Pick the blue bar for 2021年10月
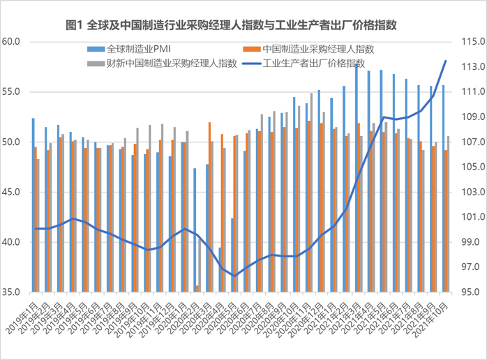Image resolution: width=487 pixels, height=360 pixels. coord(443,188)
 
